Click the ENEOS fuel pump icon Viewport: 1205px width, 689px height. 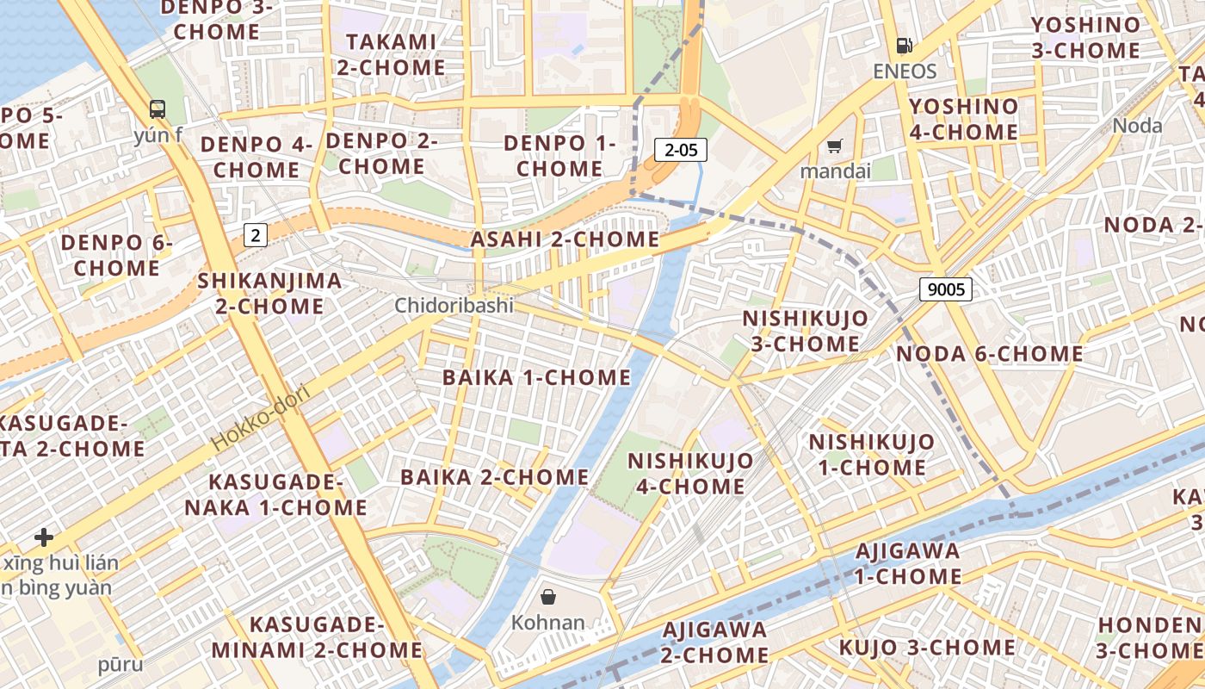(x=904, y=46)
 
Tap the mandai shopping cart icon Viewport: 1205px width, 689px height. (x=834, y=146)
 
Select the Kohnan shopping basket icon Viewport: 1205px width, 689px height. (x=547, y=596)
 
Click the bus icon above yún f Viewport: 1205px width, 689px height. (x=158, y=109)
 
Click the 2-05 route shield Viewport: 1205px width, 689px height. (x=680, y=150)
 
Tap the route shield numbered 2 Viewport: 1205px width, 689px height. (x=256, y=234)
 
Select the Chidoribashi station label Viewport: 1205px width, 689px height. (x=454, y=306)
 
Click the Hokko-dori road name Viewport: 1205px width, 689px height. (x=260, y=419)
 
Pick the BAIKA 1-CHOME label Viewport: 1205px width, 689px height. (x=536, y=377)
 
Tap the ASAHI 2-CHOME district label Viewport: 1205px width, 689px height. (x=565, y=239)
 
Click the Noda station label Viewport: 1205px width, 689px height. (x=1137, y=126)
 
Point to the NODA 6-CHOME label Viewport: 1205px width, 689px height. (x=989, y=354)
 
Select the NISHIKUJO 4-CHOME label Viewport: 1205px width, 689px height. (x=690, y=473)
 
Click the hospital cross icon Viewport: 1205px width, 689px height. (x=44, y=538)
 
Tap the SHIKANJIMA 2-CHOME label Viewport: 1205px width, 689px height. (x=269, y=293)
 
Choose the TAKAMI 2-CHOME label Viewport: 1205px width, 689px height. (x=391, y=54)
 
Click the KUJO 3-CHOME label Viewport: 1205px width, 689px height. (x=927, y=648)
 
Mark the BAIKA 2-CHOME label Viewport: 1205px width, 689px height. (x=494, y=477)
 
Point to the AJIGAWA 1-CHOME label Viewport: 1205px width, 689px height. (x=908, y=563)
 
